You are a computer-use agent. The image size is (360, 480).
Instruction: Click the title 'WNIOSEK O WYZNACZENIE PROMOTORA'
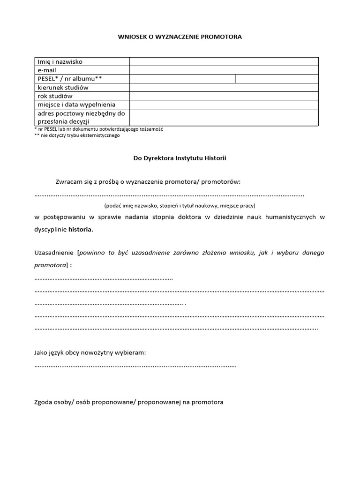tap(180, 36)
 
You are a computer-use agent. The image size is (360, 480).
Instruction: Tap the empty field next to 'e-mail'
tap(224, 70)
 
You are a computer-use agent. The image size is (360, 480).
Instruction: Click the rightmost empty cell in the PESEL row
tap(277, 79)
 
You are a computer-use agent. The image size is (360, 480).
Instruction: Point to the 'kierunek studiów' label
tap(63, 87)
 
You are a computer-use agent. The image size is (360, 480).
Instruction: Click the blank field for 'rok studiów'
tap(224, 96)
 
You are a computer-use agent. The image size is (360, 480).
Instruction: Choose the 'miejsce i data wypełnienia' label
tap(76, 105)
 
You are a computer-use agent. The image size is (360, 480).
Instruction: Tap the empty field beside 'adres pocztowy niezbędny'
tap(224, 117)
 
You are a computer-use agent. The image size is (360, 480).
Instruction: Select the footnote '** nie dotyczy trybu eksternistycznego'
tap(77, 135)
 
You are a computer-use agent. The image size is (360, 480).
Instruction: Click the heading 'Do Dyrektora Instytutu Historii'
tap(180, 158)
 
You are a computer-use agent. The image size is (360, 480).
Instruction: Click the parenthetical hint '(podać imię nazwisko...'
tap(180, 205)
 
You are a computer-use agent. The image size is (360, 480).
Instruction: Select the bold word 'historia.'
tap(81, 230)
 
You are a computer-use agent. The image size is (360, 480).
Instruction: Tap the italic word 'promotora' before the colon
tap(50, 265)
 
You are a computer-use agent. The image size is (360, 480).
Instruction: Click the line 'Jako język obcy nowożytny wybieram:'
tap(90, 352)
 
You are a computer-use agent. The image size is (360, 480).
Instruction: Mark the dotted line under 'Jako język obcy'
tap(135, 365)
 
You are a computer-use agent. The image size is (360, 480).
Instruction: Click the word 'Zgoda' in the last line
tap(44, 402)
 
